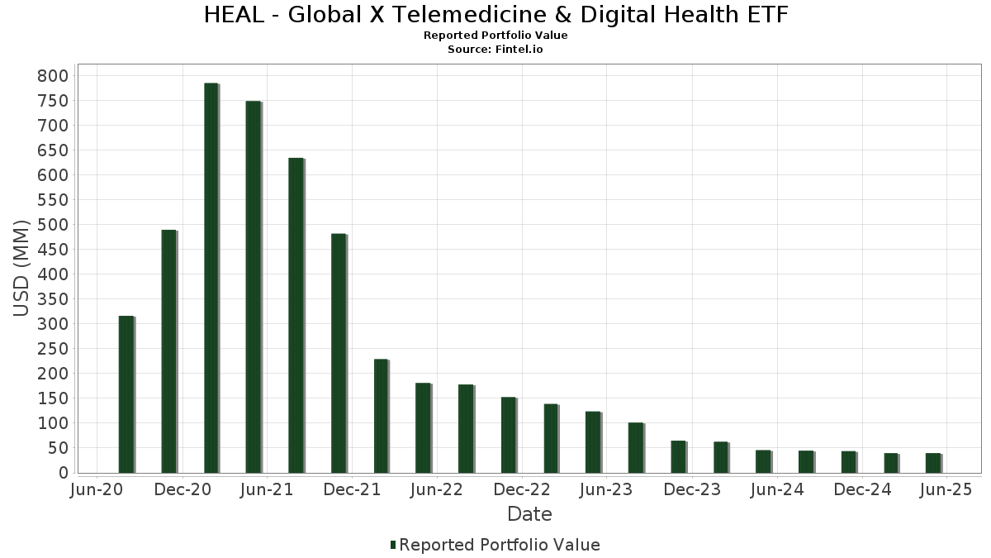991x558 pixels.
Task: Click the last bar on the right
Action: point(932,463)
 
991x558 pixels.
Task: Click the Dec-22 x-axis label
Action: point(522,490)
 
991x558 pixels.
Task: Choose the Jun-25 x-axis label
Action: point(946,490)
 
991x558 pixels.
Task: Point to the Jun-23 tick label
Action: point(607,490)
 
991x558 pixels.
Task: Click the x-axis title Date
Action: point(529,514)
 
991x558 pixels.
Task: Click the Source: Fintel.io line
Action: point(495,50)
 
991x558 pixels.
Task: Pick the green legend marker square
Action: point(393,545)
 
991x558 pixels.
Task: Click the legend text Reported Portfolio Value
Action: point(500,545)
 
